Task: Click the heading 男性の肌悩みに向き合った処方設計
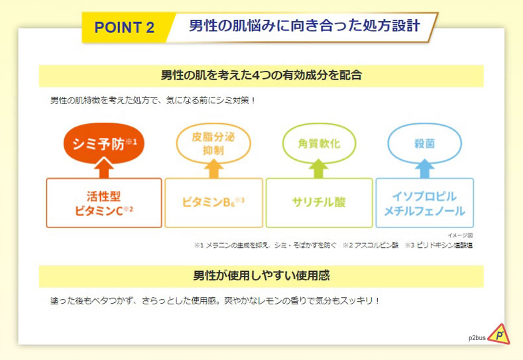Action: (304, 26)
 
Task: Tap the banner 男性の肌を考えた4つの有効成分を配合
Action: (261, 76)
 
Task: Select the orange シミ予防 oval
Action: (104, 143)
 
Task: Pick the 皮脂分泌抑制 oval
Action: (213, 144)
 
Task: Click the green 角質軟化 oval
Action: (320, 144)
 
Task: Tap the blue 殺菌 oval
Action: (425, 144)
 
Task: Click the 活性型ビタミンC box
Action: (104, 203)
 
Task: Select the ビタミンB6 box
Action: (214, 203)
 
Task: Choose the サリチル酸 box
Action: (320, 203)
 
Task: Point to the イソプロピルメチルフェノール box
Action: (425, 203)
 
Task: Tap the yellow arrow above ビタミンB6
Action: (214, 168)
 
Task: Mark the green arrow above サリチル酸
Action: (319, 168)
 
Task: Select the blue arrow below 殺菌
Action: (425, 168)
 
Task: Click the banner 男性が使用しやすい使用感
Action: (261, 276)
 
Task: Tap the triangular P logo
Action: (499, 334)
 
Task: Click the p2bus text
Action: (477, 338)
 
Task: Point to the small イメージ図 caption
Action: (460, 235)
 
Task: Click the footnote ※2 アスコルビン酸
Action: (371, 245)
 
